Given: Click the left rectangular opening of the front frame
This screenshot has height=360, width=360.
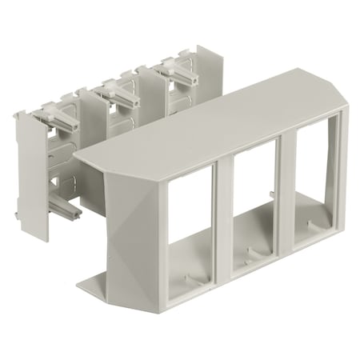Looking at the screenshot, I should pos(190,224).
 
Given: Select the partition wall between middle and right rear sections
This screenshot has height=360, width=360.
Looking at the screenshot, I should pos(149,88).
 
